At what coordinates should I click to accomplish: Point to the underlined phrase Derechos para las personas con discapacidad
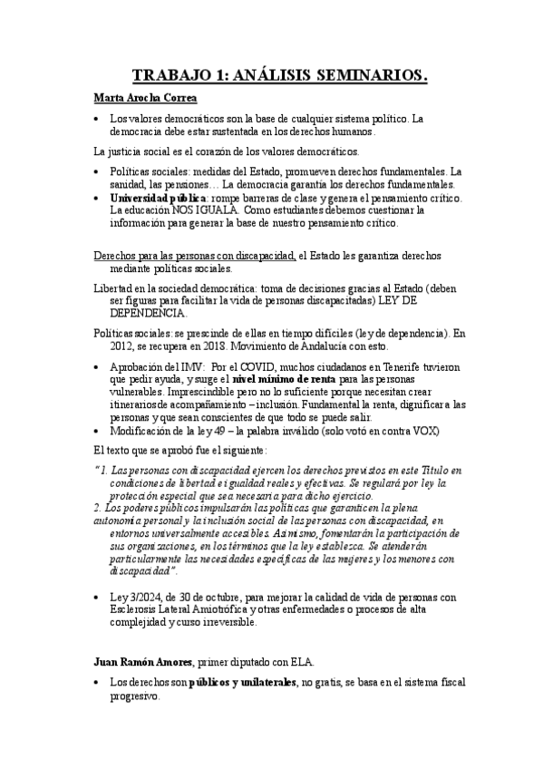click(x=195, y=256)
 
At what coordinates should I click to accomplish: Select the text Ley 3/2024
click(x=136, y=596)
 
